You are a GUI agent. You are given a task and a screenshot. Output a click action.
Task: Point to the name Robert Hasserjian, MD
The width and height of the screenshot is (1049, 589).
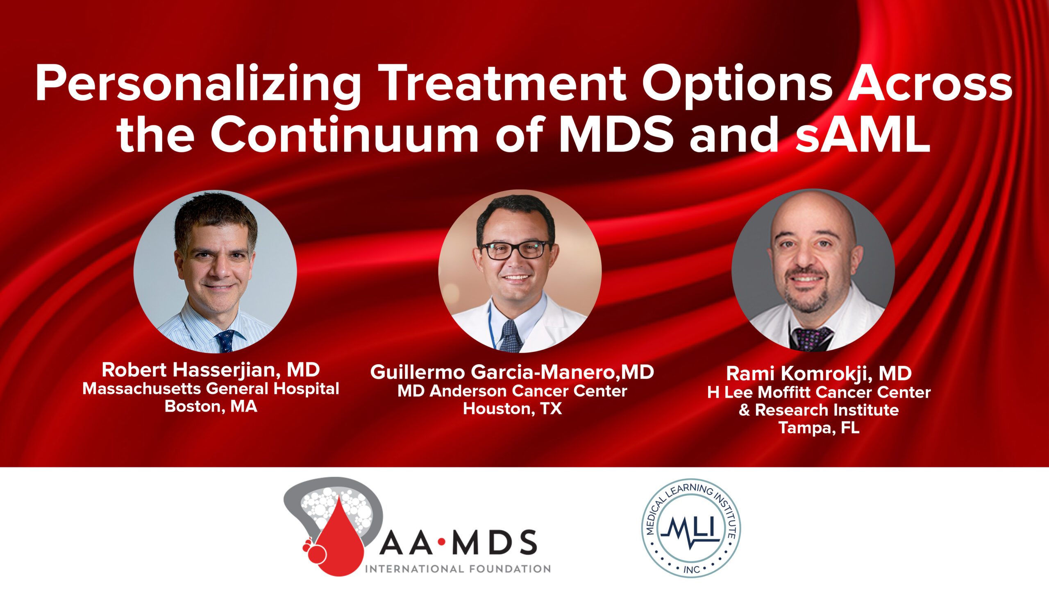click(x=211, y=370)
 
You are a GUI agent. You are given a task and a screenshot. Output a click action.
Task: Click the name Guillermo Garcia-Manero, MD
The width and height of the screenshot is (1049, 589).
click(x=512, y=372)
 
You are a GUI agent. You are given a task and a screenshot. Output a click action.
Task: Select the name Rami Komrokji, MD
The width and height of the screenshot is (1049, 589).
click(x=819, y=373)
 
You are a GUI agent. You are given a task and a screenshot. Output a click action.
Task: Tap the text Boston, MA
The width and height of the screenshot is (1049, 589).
click(x=211, y=407)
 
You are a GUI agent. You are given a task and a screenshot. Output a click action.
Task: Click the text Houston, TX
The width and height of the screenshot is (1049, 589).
click(x=512, y=409)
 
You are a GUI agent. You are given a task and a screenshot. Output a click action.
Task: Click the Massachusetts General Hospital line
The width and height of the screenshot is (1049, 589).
click(x=211, y=389)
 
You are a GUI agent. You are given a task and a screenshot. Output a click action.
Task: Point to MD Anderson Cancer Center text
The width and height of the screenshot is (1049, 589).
click(x=512, y=391)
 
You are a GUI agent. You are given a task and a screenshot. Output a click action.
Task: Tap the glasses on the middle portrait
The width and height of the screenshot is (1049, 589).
click(x=516, y=249)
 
